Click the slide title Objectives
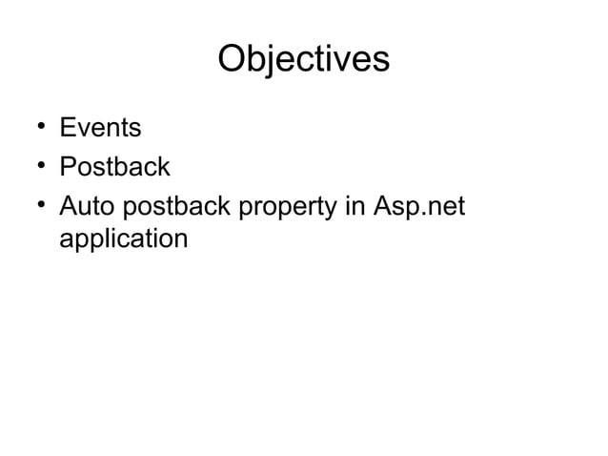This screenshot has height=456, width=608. click(304, 59)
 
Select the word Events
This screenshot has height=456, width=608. click(100, 127)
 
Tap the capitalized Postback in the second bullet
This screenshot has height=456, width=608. click(114, 167)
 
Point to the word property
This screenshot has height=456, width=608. click(290, 208)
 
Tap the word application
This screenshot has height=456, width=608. click(123, 238)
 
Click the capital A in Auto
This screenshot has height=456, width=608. click(69, 206)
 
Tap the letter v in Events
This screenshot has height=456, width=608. click(84, 129)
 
